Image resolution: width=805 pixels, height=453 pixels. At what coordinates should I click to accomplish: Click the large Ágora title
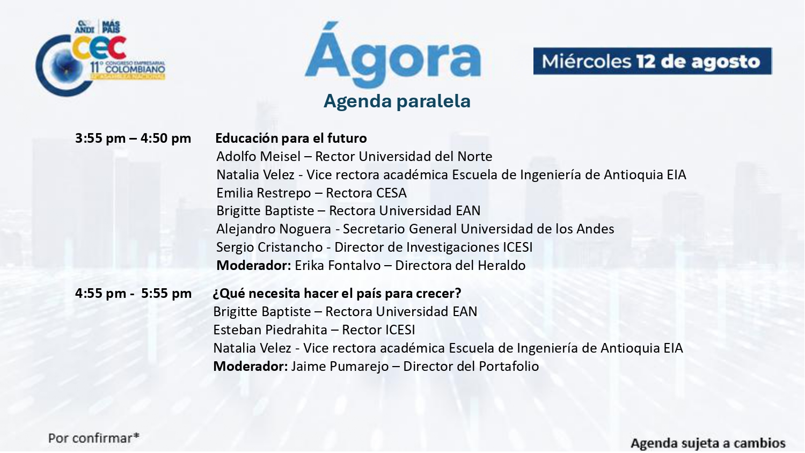pyautogui.click(x=393, y=55)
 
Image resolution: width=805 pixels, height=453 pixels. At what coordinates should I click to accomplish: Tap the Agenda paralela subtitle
pyautogui.click(x=397, y=101)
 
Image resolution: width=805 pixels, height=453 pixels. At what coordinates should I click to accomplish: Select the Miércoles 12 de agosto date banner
pyautogui.click(x=652, y=61)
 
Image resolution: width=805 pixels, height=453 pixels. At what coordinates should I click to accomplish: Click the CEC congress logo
pyautogui.click(x=100, y=57)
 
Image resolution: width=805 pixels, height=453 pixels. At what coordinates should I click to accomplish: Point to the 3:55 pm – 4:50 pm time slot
pyautogui.click(x=133, y=138)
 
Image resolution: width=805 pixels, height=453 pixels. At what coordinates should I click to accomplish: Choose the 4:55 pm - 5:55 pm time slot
pyautogui.click(x=133, y=294)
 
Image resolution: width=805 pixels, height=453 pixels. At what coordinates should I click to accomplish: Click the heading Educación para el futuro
pyautogui.click(x=291, y=138)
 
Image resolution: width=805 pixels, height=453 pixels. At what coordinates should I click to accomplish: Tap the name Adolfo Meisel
pyautogui.click(x=258, y=156)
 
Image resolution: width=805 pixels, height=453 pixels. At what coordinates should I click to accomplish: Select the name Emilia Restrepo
pyautogui.click(x=264, y=193)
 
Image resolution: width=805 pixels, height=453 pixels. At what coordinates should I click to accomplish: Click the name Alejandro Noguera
pyautogui.click(x=274, y=229)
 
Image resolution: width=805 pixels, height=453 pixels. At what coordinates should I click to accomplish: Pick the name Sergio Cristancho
pyautogui.click(x=269, y=247)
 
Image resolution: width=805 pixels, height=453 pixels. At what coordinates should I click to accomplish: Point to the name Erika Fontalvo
pyautogui.click(x=338, y=266)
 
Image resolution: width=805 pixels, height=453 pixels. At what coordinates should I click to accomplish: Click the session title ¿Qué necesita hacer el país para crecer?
pyautogui.click(x=336, y=294)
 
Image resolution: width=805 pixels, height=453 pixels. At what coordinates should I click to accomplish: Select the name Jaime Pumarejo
pyautogui.click(x=340, y=367)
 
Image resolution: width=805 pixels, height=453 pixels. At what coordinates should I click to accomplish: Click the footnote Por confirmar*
pyautogui.click(x=94, y=439)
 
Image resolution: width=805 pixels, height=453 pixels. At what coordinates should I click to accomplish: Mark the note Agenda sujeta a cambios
pyautogui.click(x=708, y=443)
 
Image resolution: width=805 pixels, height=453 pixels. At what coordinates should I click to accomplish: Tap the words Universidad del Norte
pyautogui.click(x=426, y=156)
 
